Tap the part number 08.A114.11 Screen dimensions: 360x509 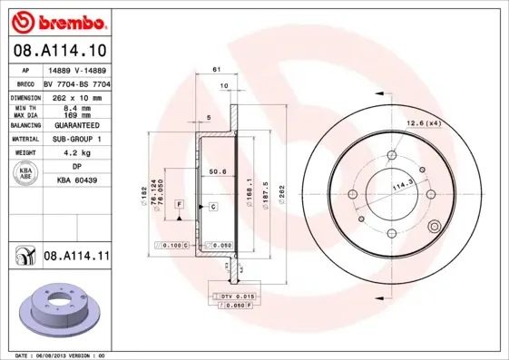coord(76,257)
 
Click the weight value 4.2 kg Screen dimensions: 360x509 coord(76,153)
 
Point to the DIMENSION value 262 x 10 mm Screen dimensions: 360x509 coord(76,96)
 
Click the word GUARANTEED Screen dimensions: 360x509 coord(76,125)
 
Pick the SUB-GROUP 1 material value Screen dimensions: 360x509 coord(76,140)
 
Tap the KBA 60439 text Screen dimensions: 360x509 coord(76,181)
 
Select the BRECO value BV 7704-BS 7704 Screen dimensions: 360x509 coord(76,83)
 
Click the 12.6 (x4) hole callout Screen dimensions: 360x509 coord(423,122)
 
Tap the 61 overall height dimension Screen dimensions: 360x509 coord(217,70)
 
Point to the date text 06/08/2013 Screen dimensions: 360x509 coord(59,355)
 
